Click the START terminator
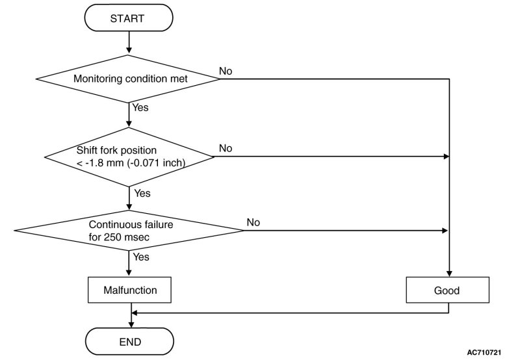[x=129, y=18]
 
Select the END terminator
[x=129, y=341]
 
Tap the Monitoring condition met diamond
[x=128, y=79]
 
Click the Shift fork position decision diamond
[x=129, y=157]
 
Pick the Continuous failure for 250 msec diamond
[x=129, y=231]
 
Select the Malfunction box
[x=129, y=290]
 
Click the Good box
[x=447, y=290]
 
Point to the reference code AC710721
[x=484, y=352]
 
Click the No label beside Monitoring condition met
[x=226, y=71]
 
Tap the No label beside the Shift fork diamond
[x=226, y=148]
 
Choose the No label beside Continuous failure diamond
[x=253, y=222]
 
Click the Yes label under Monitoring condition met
[x=140, y=107]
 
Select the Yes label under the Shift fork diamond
[x=142, y=193]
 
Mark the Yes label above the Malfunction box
[x=141, y=257]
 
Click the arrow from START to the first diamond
[x=129, y=43]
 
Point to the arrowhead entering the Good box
[x=449, y=274]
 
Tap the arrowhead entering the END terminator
[x=131, y=324]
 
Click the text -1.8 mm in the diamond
[x=103, y=162]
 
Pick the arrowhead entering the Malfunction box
[x=129, y=274]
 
